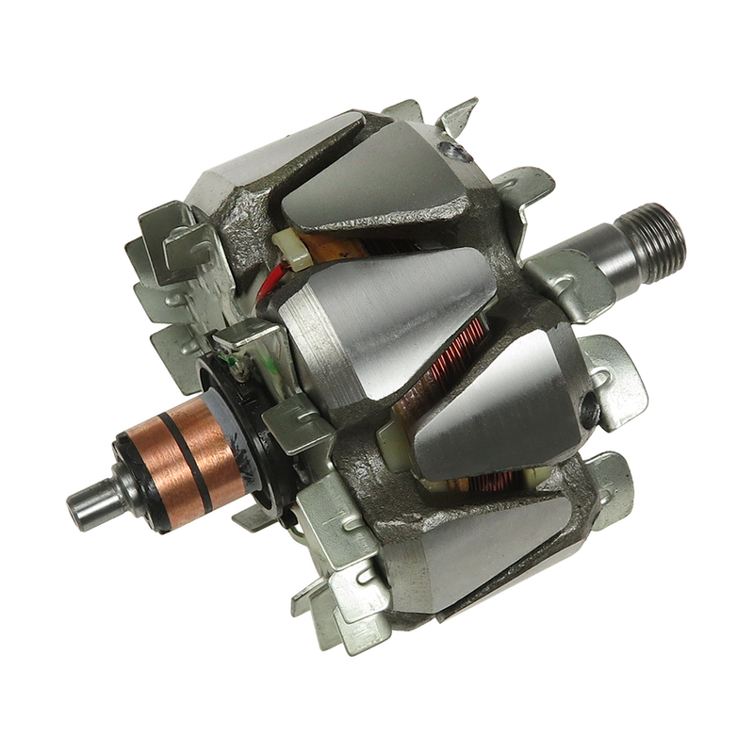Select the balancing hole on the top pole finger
point(458,149)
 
